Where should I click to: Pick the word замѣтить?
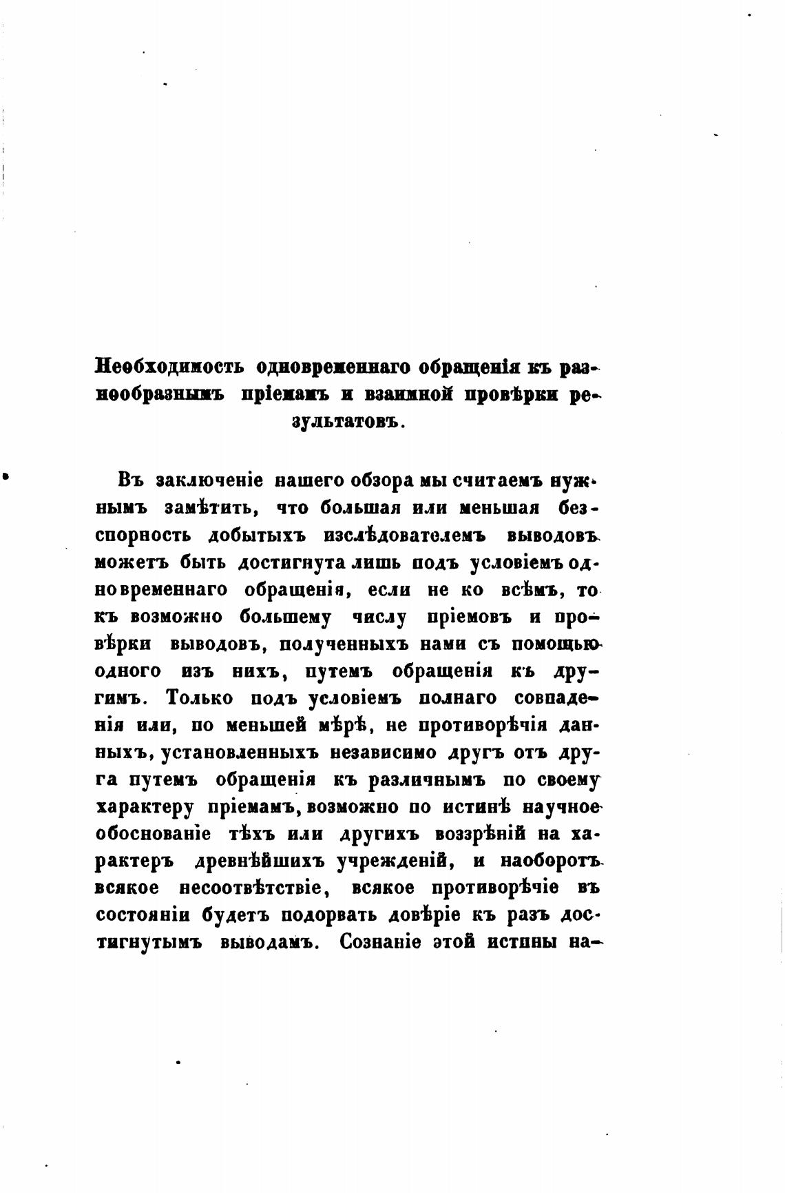pyautogui.click(x=211, y=508)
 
